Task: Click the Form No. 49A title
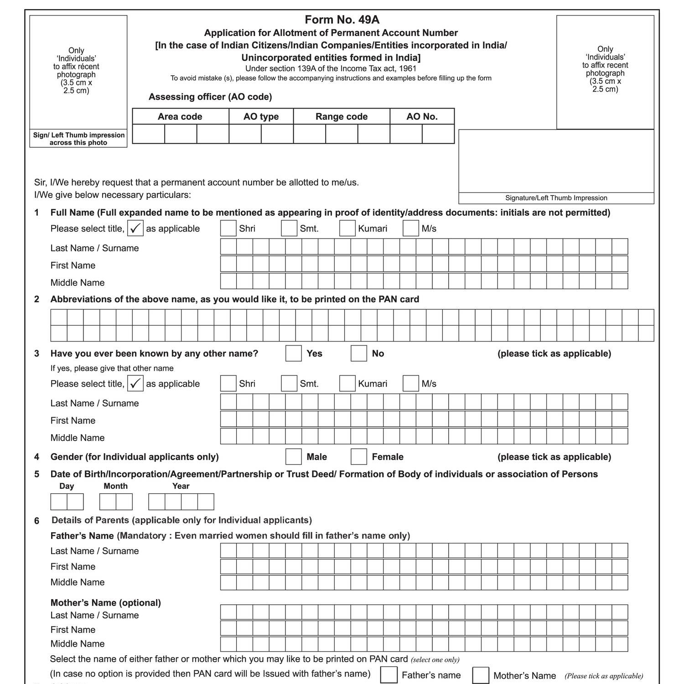(342, 20)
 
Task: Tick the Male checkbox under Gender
(294, 456)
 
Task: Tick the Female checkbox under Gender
(359, 456)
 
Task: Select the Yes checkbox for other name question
(294, 353)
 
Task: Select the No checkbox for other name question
(359, 353)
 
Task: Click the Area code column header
(180, 117)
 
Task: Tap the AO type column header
(261, 117)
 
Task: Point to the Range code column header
(342, 117)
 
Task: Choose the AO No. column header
(422, 117)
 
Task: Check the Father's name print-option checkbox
(389, 675)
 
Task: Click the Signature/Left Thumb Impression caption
(556, 198)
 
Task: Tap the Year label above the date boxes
(181, 486)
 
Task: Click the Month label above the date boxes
(116, 486)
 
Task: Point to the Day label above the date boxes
(67, 486)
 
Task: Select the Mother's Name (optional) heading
(106, 603)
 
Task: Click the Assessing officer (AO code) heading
(210, 97)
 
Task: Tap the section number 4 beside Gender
(37, 457)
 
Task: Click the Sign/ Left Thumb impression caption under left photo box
(78, 139)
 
